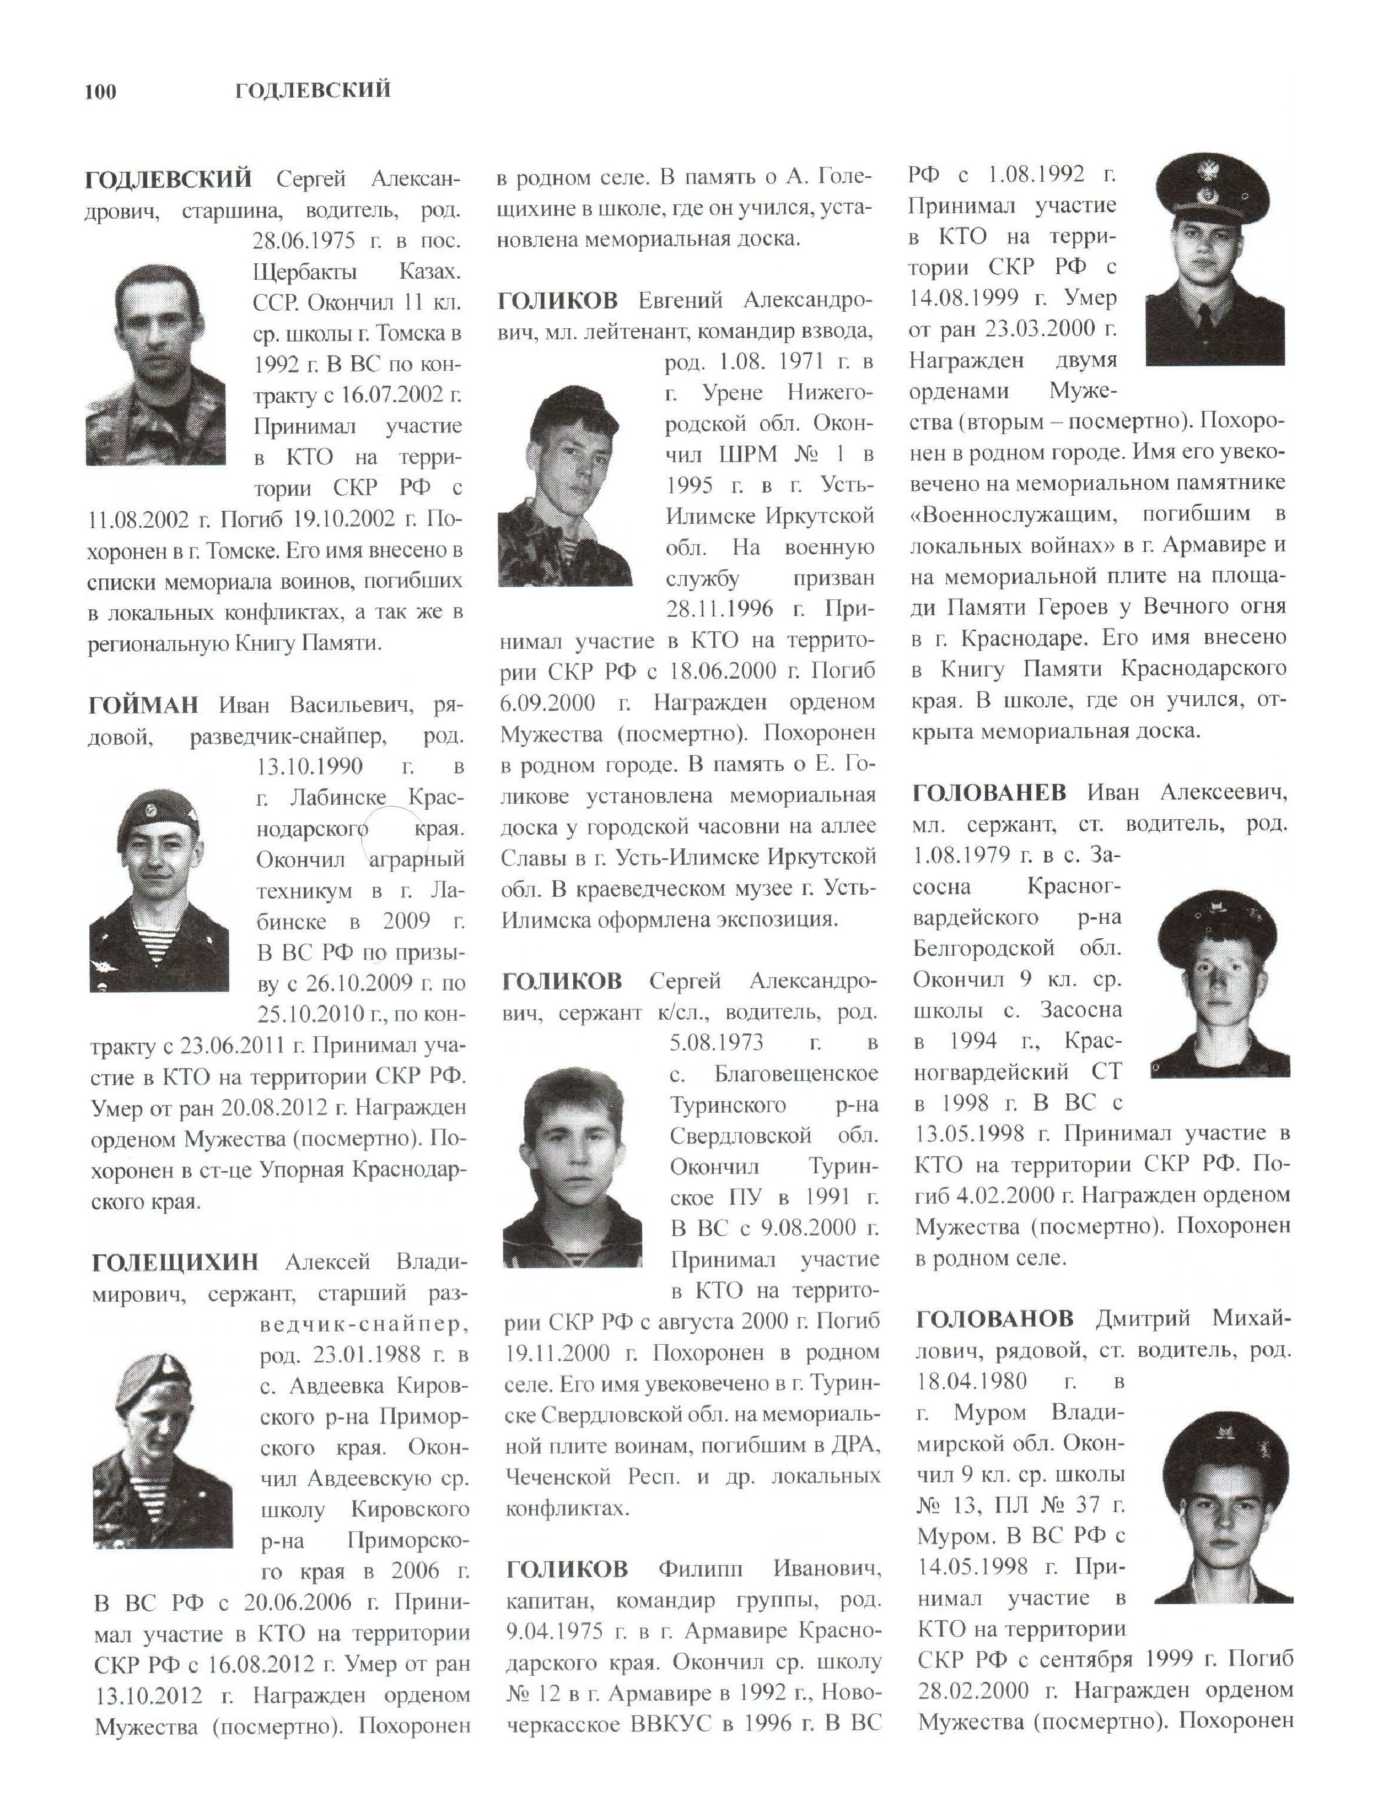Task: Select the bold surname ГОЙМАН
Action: tap(143, 705)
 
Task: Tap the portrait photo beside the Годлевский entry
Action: tap(155, 364)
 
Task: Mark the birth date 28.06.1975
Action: tap(304, 240)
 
